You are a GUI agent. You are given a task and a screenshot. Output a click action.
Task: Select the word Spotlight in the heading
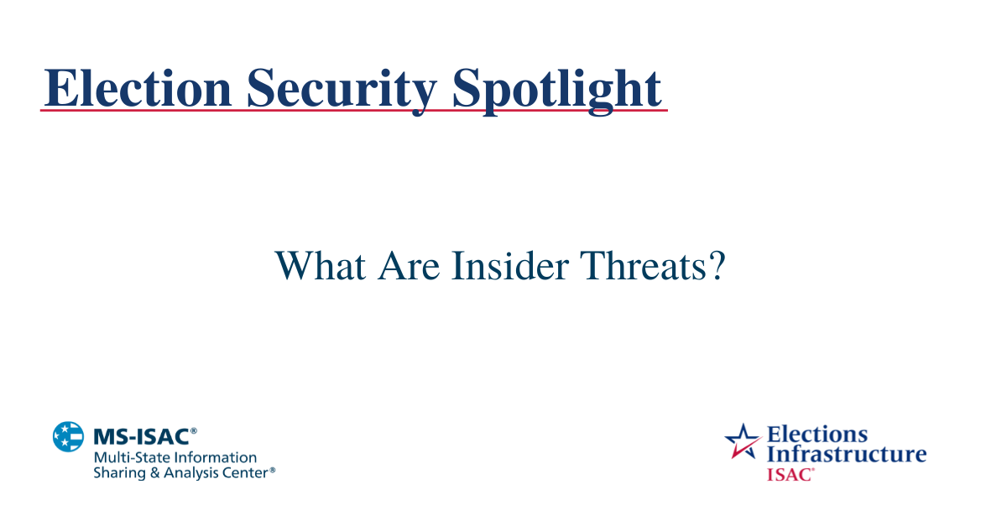[556, 87]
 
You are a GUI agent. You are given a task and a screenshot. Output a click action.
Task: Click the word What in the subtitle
[319, 266]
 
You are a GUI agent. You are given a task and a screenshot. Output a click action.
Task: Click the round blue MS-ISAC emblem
[69, 436]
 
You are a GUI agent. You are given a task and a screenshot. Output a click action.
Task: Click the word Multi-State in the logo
[128, 458]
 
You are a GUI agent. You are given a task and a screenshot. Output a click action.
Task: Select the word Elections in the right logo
[817, 435]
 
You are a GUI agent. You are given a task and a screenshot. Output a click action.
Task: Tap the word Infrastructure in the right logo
[847, 455]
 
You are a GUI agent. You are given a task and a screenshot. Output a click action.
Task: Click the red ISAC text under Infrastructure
[788, 474]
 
